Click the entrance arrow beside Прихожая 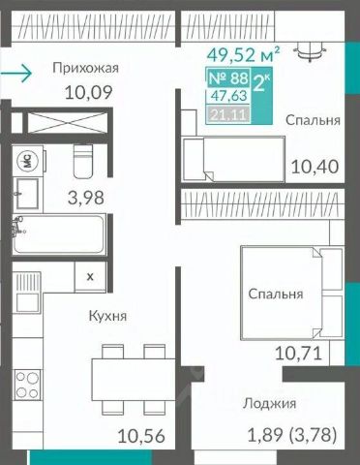click(x=16, y=74)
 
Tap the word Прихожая click(x=86, y=68)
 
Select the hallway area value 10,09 click(x=89, y=92)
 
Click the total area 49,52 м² click(x=243, y=54)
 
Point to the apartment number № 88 click(x=228, y=78)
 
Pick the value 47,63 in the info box click(x=229, y=96)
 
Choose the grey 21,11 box click(x=229, y=114)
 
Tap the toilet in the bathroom click(x=83, y=161)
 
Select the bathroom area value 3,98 click(x=86, y=198)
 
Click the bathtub click(x=59, y=234)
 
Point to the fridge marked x click(x=90, y=277)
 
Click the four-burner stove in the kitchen click(x=27, y=385)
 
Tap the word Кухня click(x=107, y=316)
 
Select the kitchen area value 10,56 click(x=141, y=436)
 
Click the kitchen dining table click(x=134, y=380)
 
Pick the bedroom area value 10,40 click(x=315, y=167)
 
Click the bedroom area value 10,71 click(x=298, y=354)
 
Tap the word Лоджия click(x=269, y=404)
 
